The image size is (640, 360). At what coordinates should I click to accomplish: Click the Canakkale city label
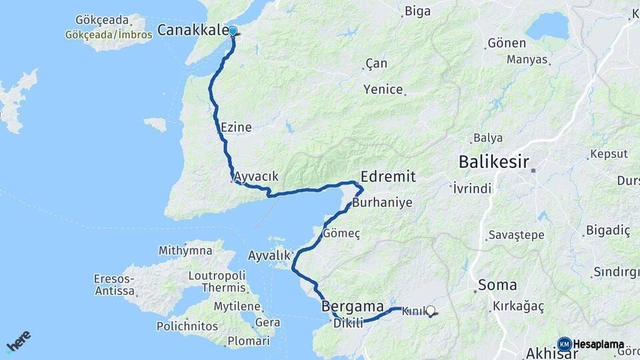[x=193, y=30]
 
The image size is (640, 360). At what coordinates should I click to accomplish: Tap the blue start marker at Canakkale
[x=233, y=31]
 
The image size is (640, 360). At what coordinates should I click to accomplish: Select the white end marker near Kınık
[x=431, y=310]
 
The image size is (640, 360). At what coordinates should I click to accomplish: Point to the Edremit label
[x=388, y=177]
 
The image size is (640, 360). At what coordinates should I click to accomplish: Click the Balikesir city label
[x=494, y=162]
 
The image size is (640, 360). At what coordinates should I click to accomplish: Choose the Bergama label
[x=352, y=307]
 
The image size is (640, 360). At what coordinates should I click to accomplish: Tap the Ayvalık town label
[x=269, y=255]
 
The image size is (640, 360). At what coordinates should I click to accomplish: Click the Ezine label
[x=236, y=127]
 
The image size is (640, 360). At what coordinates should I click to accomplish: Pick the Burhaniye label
[x=383, y=202]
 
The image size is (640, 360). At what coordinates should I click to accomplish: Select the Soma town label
[x=497, y=285]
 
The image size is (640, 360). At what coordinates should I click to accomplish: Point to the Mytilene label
[x=237, y=306]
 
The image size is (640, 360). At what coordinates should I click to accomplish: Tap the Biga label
[x=417, y=11]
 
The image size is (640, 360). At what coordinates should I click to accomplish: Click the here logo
[x=18, y=341]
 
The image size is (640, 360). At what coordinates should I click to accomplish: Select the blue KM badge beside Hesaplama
[x=564, y=344]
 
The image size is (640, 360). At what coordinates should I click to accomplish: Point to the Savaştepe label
[x=516, y=235]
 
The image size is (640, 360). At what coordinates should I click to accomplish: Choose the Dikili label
[x=348, y=323]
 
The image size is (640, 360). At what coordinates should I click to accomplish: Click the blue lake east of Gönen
[x=547, y=25]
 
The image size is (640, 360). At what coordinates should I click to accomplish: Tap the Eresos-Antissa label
[x=115, y=285]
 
